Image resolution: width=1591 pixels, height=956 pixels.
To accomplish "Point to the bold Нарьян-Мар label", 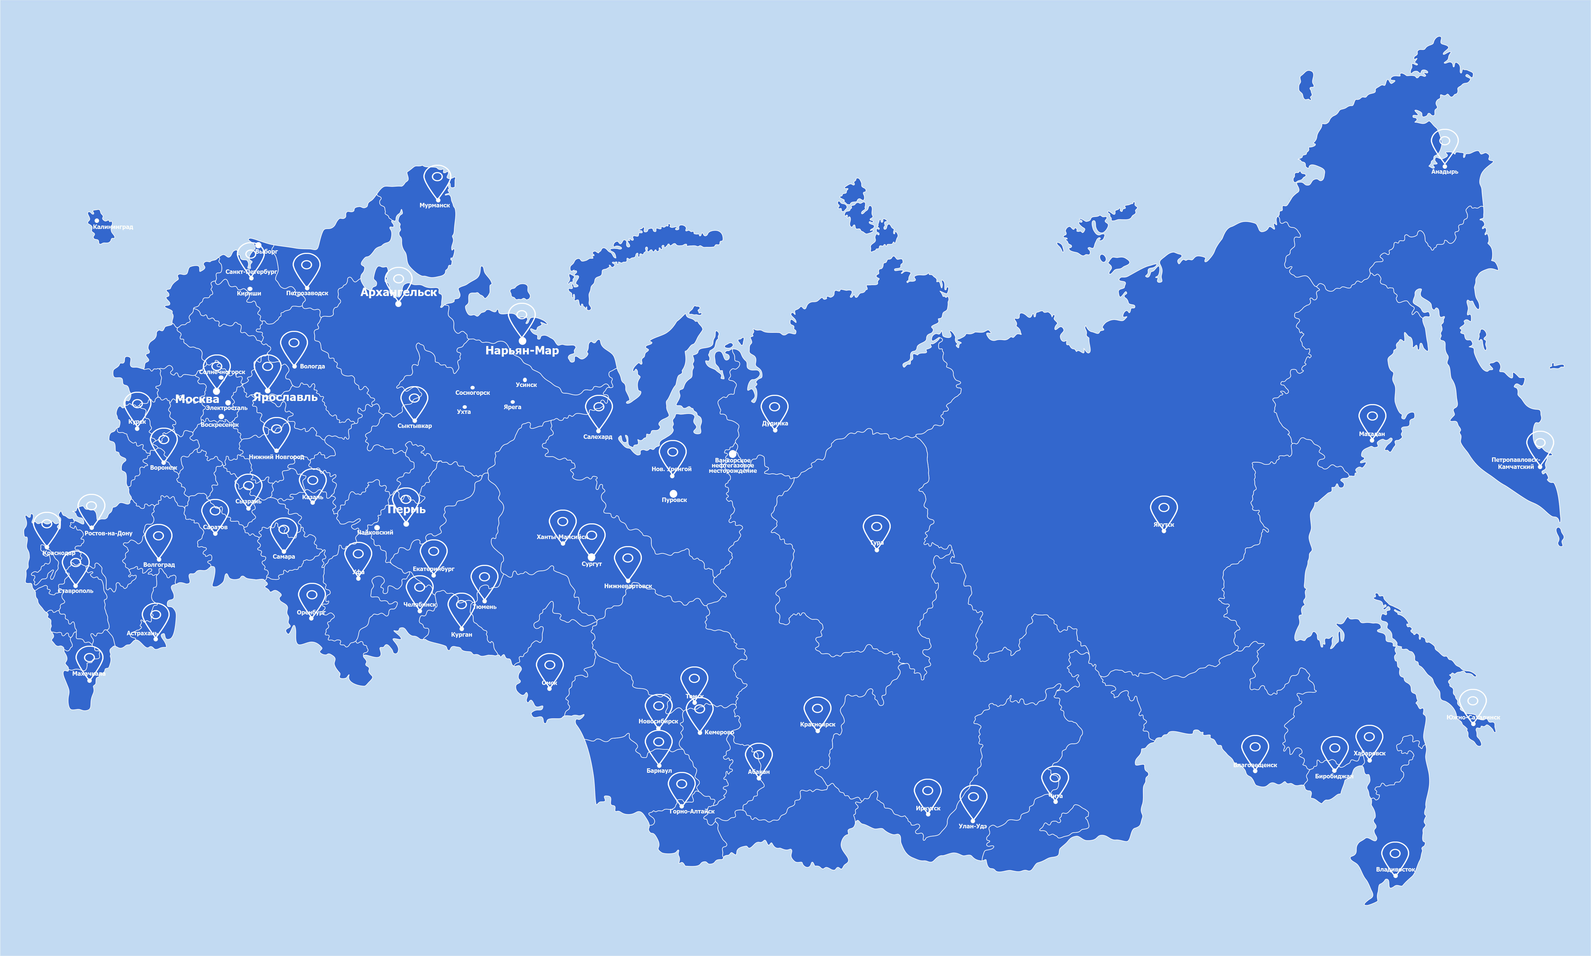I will point(522,350).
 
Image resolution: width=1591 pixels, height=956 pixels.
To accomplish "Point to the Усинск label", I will point(526,385).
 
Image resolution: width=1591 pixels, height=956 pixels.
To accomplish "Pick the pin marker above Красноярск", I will point(818,709).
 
